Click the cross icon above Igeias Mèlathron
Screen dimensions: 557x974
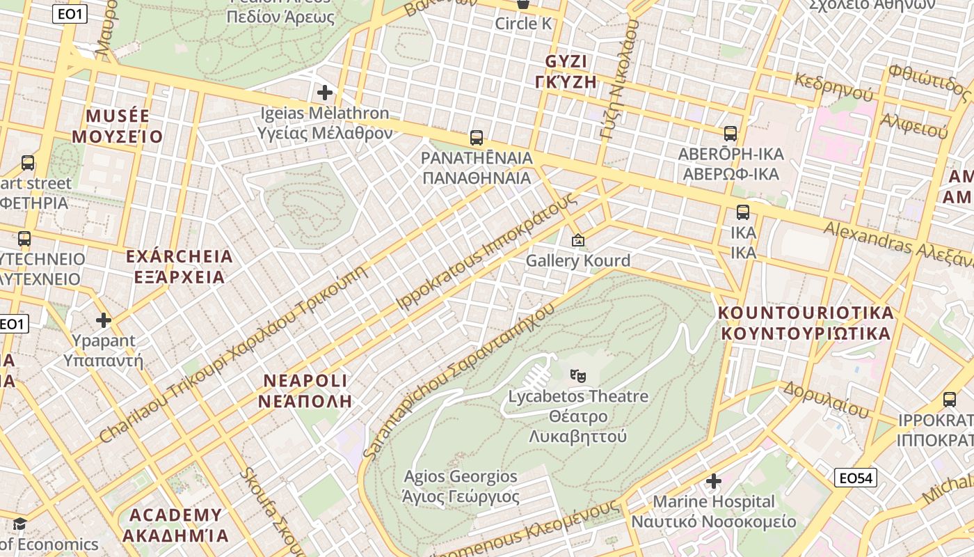coord(324,92)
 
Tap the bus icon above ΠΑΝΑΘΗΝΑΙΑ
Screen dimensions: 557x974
coord(477,138)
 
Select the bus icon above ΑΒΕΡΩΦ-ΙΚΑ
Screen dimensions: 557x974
coord(730,134)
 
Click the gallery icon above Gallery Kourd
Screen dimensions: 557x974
coord(577,240)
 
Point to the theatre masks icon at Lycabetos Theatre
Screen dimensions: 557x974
coord(577,376)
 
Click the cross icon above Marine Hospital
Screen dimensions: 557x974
coord(713,481)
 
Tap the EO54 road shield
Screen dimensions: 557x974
coord(856,478)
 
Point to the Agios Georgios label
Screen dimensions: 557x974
coord(461,477)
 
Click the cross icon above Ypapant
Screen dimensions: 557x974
coord(104,320)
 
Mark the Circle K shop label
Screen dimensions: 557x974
coord(523,24)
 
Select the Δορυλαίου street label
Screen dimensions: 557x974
coord(827,400)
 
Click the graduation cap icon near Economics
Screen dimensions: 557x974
coord(19,524)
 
